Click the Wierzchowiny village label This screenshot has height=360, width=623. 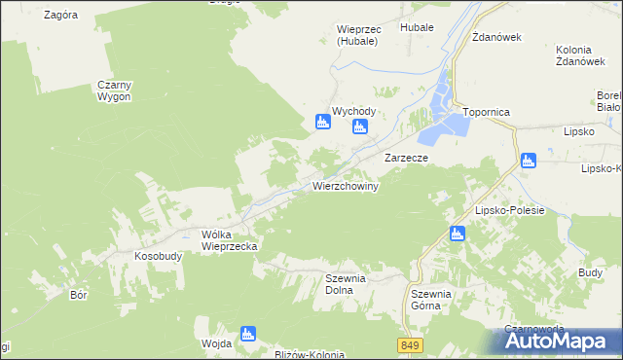pos(345,185)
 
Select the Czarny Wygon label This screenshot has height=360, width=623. pos(114,91)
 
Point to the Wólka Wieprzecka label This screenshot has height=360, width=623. pos(229,240)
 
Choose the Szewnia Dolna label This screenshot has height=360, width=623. pos(345,283)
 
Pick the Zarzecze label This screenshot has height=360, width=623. pos(407,157)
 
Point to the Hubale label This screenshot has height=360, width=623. pos(416,29)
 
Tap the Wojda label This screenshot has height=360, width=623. pos(215,342)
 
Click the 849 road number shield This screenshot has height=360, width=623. pos(411,345)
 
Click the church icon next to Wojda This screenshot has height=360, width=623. pos(247,335)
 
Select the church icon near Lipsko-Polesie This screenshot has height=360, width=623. pos(457,234)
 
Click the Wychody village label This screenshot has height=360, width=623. pos(353,112)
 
